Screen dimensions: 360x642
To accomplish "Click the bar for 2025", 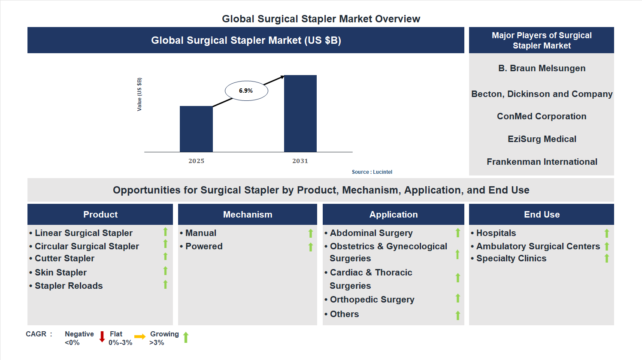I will pyautogui.click(x=196, y=129).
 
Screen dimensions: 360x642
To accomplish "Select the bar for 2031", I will pyautogui.click(x=300, y=114).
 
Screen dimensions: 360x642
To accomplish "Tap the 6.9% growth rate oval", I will pyautogui.click(x=246, y=91).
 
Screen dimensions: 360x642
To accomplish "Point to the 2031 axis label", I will pyautogui.click(x=300, y=161).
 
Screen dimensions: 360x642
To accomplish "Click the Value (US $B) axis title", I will pyautogui.click(x=139, y=94).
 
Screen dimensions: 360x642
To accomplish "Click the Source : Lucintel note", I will pyautogui.click(x=372, y=172).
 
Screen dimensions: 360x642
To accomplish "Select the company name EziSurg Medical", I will pyautogui.click(x=542, y=139).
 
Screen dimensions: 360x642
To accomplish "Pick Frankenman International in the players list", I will pyautogui.click(x=542, y=162).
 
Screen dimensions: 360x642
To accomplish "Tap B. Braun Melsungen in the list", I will pyautogui.click(x=542, y=68).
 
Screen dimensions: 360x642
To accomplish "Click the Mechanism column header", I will pyautogui.click(x=248, y=215).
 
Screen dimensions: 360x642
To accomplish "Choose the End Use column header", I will pyautogui.click(x=542, y=215).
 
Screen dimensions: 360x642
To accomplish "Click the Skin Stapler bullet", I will pyautogui.click(x=61, y=272).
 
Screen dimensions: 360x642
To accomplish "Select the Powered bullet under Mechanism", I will pyautogui.click(x=204, y=246).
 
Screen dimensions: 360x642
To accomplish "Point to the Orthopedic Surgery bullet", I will pyautogui.click(x=372, y=299).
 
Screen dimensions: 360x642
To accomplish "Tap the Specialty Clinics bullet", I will pyautogui.click(x=511, y=258).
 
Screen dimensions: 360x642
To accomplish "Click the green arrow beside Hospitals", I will pyautogui.click(x=607, y=233).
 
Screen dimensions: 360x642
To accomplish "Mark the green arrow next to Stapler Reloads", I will pyautogui.click(x=165, y=284).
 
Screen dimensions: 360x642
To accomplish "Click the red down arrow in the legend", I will pyautogui.click(x=102, y=337).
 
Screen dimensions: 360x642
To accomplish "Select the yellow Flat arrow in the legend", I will pyautogui.click(x=140, y=337).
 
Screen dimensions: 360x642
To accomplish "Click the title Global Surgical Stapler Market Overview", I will pyautogui.click(x=321, y=19).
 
